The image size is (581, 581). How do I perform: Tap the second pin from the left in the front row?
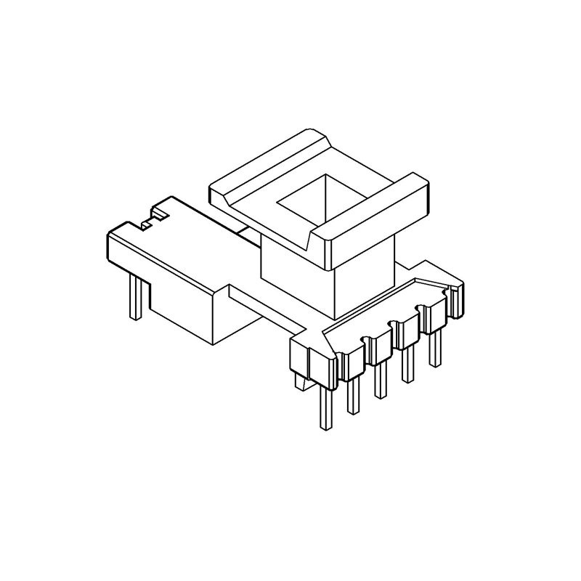pos(353,396)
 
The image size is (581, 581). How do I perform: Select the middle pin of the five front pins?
pos(379,381)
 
